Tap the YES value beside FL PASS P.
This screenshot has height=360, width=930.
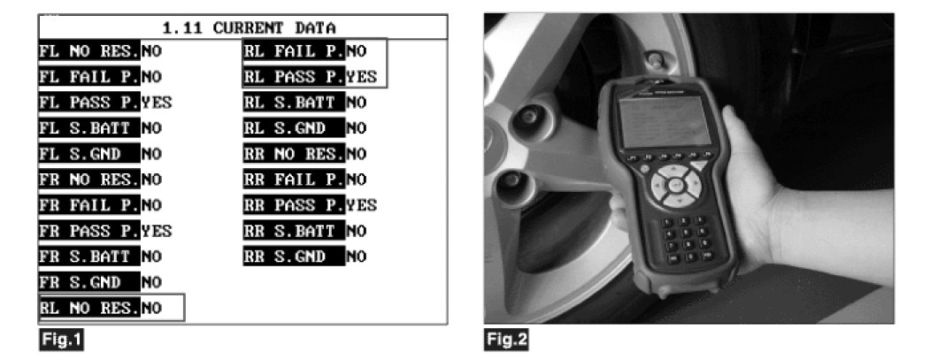157,102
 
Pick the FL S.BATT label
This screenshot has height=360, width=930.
88,127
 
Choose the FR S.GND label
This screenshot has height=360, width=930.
88,282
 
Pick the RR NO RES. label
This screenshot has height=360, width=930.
294,154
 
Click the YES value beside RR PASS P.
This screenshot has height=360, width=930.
363,205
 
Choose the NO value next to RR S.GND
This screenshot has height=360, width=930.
356,257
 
